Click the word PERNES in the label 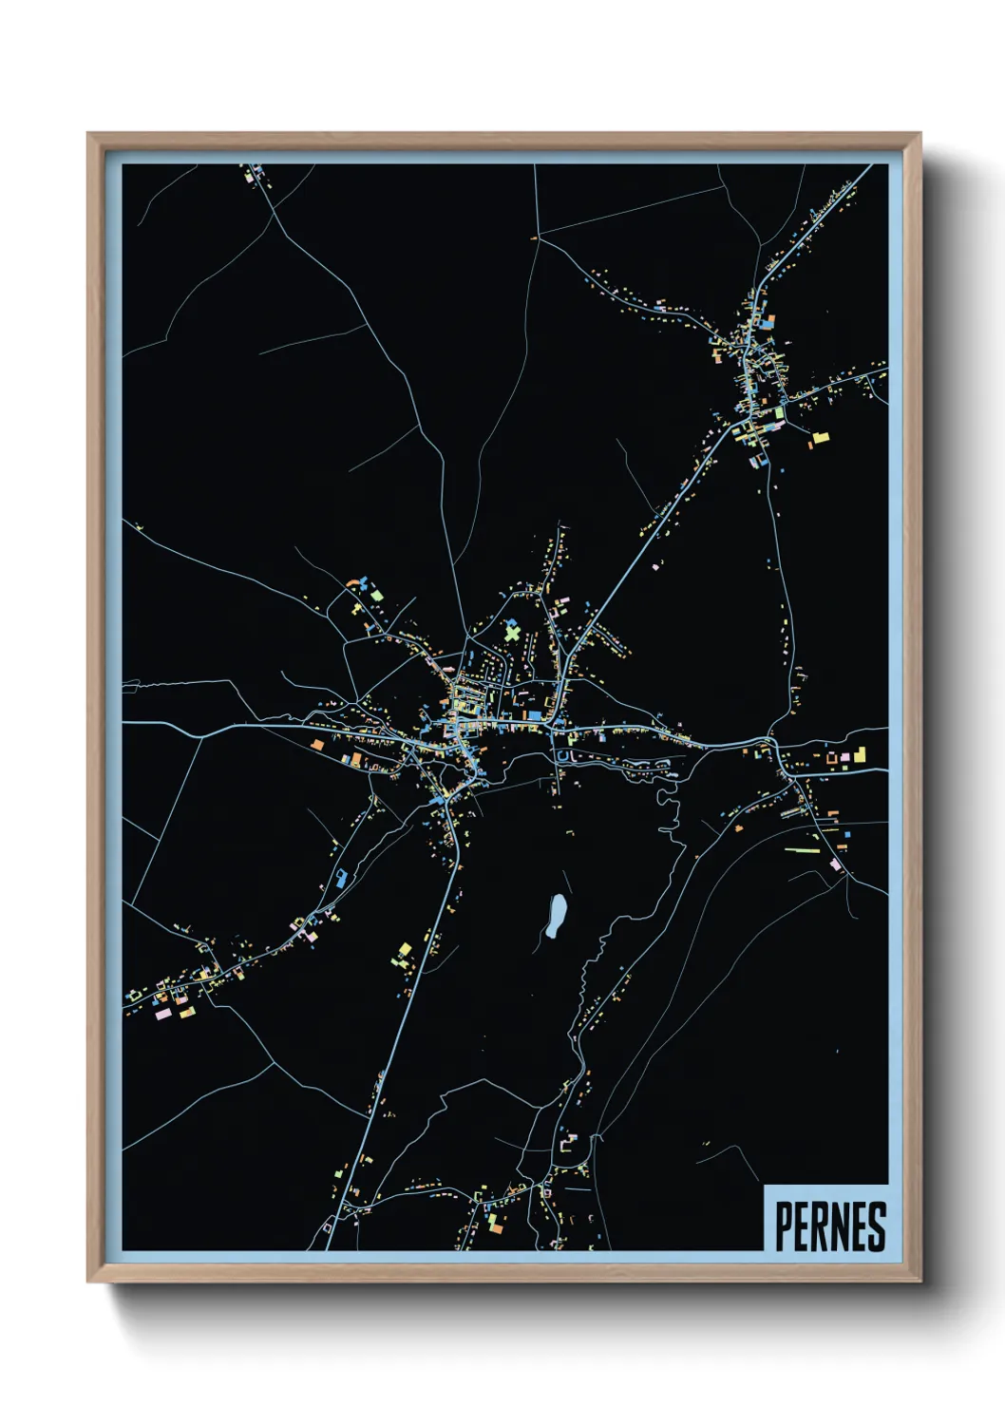tap(830, 1226)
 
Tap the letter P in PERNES tap(784, 1226)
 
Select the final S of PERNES tap(878, 1226)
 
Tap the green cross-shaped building tap(513, 631)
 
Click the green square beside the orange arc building tap(377, 596)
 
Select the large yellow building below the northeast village tap(819, 438)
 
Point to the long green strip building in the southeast tap(801, 849)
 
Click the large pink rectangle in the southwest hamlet tap(162, 1014)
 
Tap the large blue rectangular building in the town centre tap(534, 714)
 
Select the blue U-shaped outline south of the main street tap(562, 756)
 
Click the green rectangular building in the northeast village tap(779, 413)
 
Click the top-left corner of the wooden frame tap(89, 135)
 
